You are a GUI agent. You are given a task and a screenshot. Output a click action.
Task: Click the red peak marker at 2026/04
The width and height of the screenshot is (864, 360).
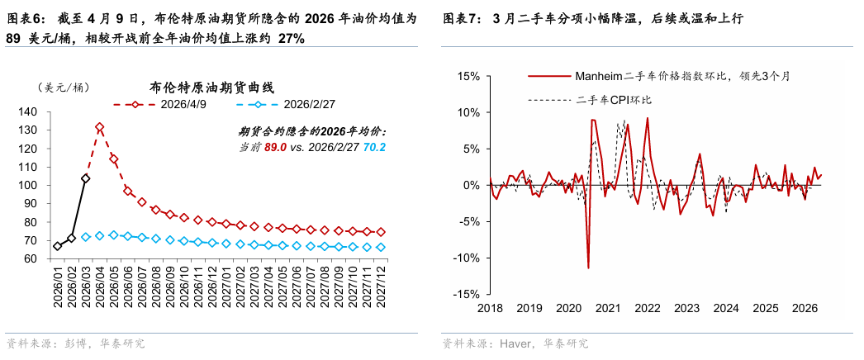point(100,127)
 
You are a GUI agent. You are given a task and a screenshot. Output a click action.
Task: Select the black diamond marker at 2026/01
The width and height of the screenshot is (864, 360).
point(57,246)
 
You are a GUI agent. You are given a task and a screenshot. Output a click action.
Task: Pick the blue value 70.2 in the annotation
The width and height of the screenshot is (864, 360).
point(376,147)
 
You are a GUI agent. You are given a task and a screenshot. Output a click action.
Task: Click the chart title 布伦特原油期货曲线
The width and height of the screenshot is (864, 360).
point(211,87)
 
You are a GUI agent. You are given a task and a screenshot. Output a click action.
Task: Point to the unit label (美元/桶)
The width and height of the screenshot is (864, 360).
point(63,88)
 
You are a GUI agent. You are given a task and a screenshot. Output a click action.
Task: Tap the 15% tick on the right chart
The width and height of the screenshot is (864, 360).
point(467,76)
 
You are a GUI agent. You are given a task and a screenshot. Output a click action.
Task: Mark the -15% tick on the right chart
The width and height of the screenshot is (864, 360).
point(465,294)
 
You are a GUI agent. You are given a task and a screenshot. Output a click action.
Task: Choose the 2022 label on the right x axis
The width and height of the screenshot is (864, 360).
point(647,309)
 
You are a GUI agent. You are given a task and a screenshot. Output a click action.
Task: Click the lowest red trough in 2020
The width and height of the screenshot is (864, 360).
point(588,268)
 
